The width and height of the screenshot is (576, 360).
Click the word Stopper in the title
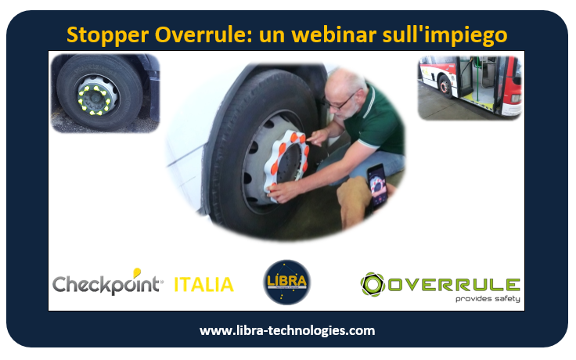(x=108, y=36)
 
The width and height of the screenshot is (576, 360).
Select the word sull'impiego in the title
(x=445, y=36)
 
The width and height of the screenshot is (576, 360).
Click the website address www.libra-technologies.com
(x=287, y=330)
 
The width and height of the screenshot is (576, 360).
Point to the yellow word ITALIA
(x=203, y=285)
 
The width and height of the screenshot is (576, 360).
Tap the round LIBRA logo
(x=287, y=282)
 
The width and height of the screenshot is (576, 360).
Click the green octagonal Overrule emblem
(x=372, y=284)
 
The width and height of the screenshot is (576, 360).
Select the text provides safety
(x=488, y=299)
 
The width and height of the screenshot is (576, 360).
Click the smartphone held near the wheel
(x=376, y=186)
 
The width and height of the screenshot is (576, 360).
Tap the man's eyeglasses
(x=340, y=103)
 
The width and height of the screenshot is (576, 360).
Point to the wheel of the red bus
(x=445, y=87)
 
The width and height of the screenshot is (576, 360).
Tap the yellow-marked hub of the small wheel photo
(x=94, y=100)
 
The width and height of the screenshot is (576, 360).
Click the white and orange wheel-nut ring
(x=287, y=165)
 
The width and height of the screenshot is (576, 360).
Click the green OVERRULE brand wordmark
(x=454, y=285)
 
